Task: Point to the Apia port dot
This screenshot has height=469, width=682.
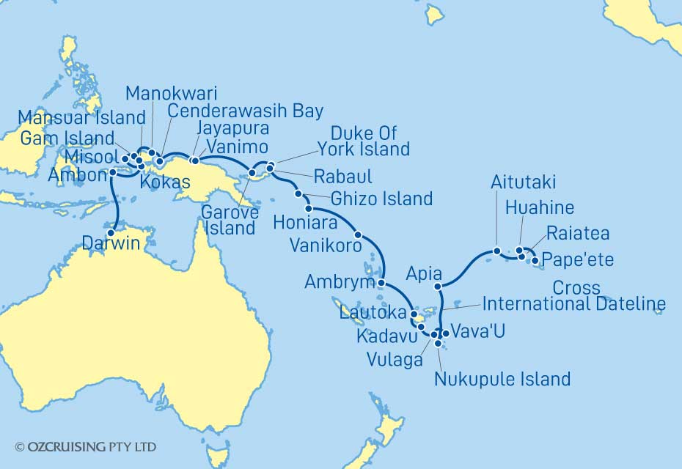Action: [438, 286]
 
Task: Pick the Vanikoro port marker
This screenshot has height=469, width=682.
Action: [358, 235]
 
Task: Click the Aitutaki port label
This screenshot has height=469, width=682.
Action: [523, 182]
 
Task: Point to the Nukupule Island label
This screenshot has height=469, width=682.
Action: [502, 379]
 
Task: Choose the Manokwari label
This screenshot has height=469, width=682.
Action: [171, 93]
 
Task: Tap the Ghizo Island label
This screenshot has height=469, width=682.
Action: [381, 199]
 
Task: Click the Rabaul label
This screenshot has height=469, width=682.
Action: [342, 177]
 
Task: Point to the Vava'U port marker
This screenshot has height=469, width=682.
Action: [445, 333]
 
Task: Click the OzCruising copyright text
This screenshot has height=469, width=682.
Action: [85, 446]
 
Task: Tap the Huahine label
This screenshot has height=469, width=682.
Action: [540, 207]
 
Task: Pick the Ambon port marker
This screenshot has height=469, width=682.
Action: [111, 174]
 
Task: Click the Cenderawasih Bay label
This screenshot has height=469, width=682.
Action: [245, 111]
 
